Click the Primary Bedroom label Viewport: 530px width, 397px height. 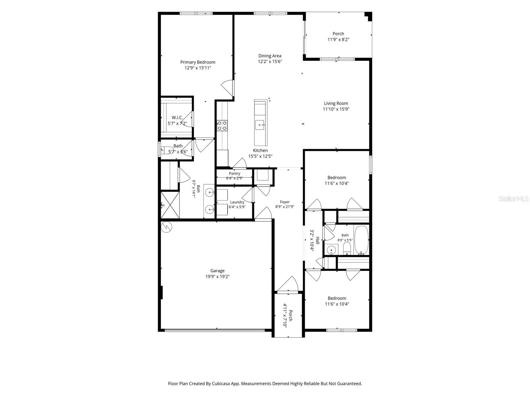[197, 62]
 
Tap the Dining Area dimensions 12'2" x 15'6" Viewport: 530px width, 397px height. [270, 62]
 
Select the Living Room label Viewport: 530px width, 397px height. [336, 103]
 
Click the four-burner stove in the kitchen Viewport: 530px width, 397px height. [222, 125]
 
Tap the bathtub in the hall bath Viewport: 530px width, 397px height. [361, 240]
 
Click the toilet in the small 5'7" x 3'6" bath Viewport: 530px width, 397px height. [167, 150]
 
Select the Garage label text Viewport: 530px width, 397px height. [217, 271]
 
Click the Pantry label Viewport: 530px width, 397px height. [235, 173]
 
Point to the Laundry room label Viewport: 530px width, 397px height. [237, 202]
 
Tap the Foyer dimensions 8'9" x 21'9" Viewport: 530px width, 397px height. [285, 206]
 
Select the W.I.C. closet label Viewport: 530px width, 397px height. [177, 118]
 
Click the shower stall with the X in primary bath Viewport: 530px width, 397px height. [170, 205]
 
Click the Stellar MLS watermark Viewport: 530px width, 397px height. [513, 198]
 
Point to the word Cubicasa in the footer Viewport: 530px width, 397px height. [221, 383]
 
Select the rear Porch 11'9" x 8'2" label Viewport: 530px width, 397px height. [338, 37]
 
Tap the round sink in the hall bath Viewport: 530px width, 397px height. [331, 250]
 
